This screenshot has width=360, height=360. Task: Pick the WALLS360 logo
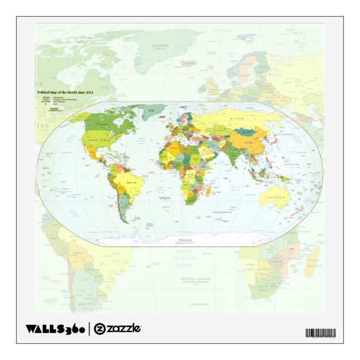[x=55, y=329]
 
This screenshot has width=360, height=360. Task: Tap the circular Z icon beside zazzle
[x=99, y=329]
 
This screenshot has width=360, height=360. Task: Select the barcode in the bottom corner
[x=320, y=333]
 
